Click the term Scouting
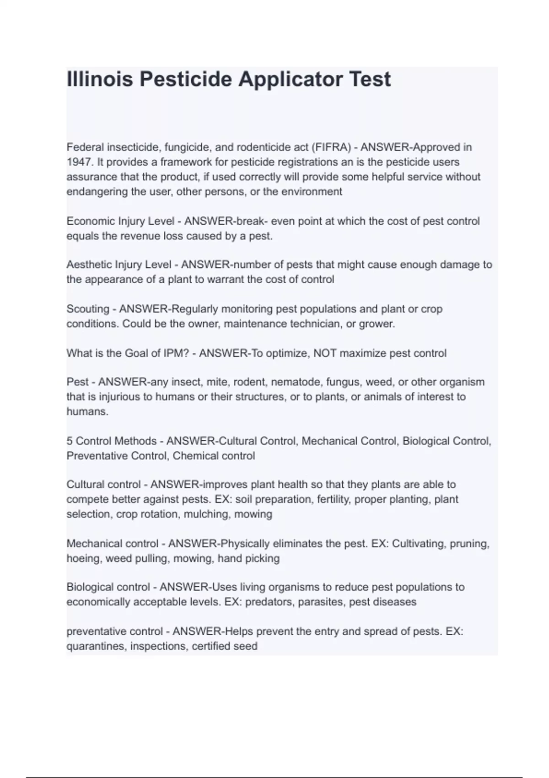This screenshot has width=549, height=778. (88, 309)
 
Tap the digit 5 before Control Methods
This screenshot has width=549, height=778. (70, 441)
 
